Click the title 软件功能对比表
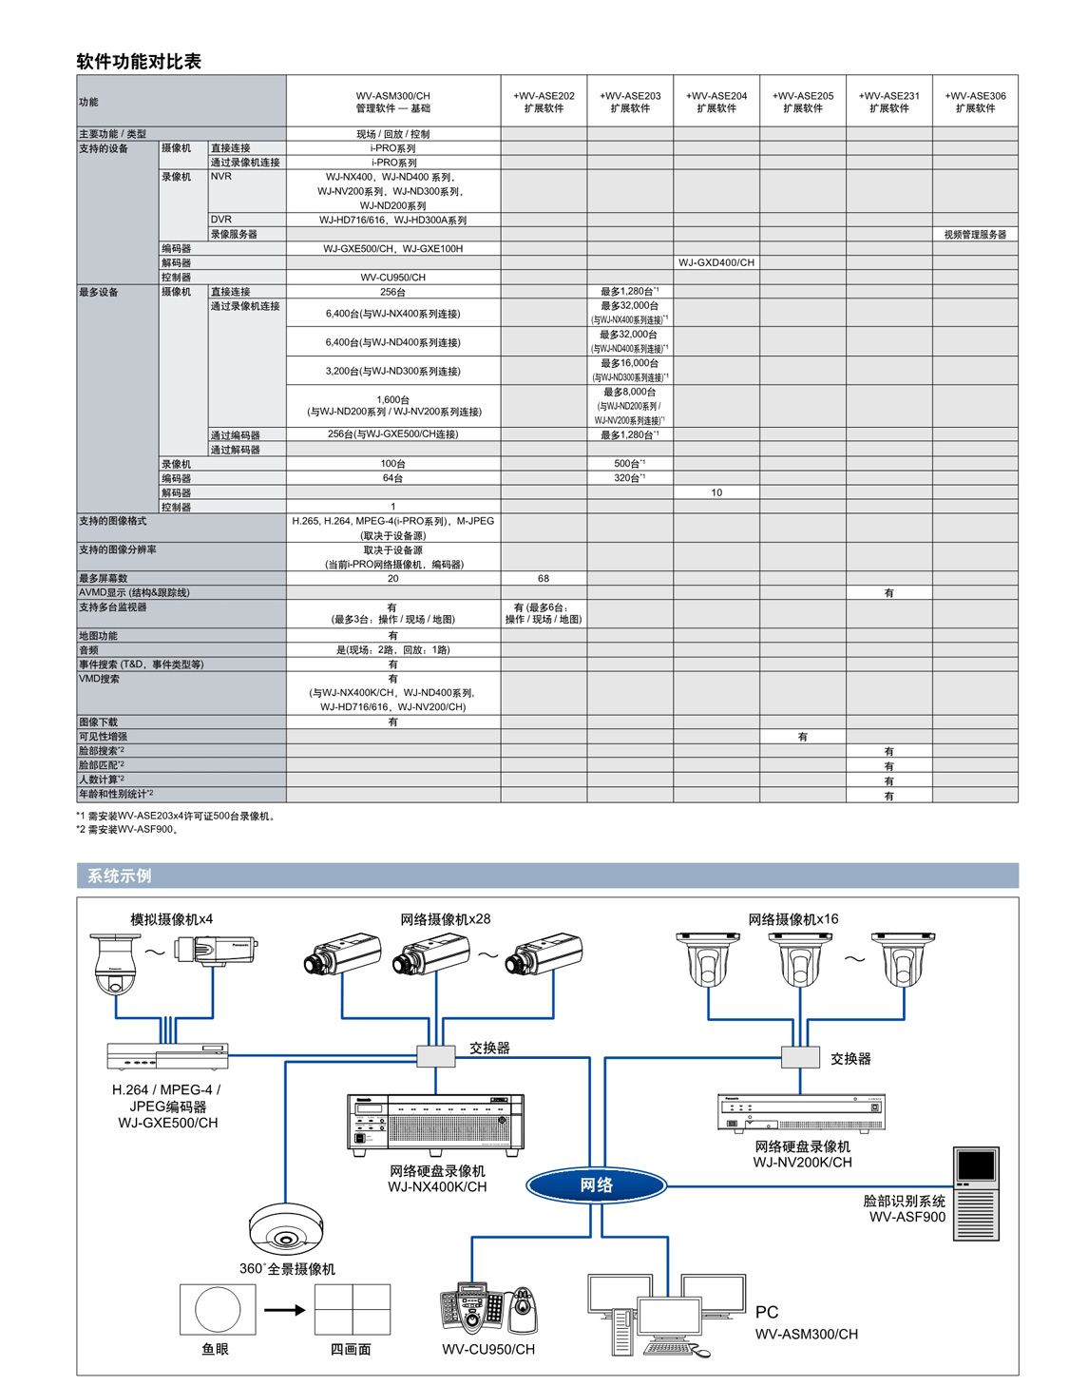coord(139,61)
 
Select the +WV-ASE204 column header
coord(716,102)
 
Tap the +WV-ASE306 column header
coord(975,102)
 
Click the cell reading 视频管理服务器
coord(975,234)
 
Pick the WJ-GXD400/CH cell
coord(716,262)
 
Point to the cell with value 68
coord(544,578)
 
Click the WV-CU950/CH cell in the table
coord(392,277)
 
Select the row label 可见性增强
coord(103,736)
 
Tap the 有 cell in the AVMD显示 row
coord(888,592)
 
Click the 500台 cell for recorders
coord(629,463)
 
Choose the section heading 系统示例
coord(119,876)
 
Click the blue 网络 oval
coord(596,1185)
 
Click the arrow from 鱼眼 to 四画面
coord(285,1310)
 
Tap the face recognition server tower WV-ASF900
coord(975,1193)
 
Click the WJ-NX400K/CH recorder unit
coord(435,1125)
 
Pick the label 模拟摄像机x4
coord(171,919)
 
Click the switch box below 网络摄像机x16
coord(800,1057)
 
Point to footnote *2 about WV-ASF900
coord(127,829)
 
